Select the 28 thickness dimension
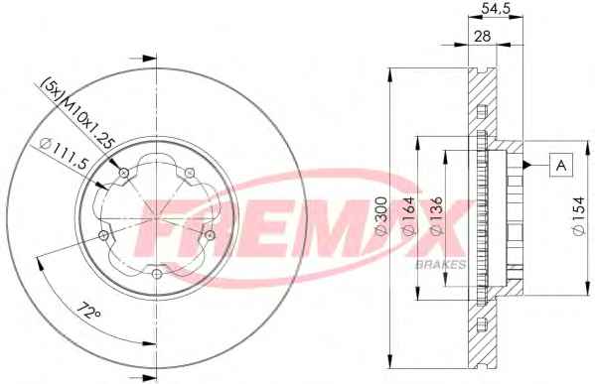(x=483, y=36)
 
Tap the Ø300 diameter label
(x=381, y=215)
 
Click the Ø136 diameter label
(x=436, y=215)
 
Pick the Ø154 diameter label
(x=579, y=215)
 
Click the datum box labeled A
(x=561, y=165)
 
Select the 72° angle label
(x=89, y=311)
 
